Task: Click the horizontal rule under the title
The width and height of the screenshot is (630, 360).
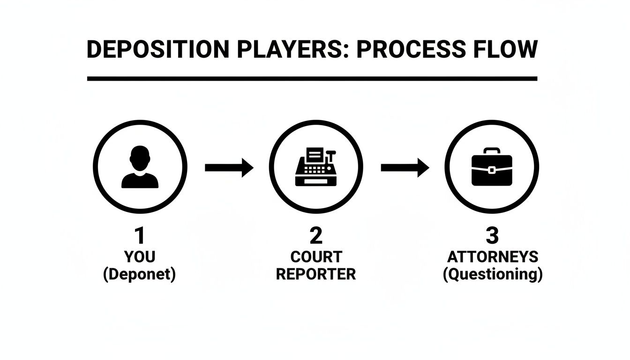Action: point(312,78)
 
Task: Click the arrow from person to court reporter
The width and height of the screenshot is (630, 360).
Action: point(229,167)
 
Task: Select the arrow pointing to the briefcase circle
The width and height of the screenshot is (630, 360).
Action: point(405,167)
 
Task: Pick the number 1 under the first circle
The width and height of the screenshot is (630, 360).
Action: point(140,236)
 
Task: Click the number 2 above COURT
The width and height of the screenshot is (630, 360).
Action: point(316,236)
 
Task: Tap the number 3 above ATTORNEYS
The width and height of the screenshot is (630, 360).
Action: point(492,236)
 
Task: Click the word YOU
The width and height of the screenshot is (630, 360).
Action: point(140,257)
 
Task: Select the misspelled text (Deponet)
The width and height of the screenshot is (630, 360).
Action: point(140,274)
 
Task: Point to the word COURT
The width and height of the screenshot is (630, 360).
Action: point(316,257)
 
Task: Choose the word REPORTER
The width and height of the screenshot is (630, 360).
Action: point(316,274)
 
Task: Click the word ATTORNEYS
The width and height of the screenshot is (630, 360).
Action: point(493,257)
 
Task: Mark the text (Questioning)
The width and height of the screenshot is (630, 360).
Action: point(493,274)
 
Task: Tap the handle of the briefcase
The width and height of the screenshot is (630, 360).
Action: point(491,151)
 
